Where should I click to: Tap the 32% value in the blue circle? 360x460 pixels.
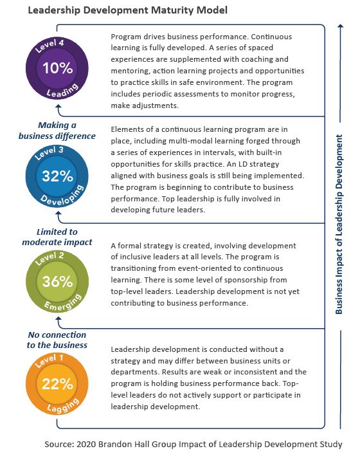click(x=57, y=176)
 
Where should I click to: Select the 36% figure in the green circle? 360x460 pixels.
click(x=57, y=281)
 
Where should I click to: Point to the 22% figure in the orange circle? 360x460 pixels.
click(x=57, y=384)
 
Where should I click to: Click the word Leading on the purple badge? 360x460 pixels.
click(x=57, y=93)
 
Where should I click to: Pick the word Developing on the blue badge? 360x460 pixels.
click(x=57, y=200)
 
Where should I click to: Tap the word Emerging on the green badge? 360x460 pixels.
click(x=57, y=305)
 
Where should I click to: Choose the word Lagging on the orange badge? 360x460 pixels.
click(x=57, y=408)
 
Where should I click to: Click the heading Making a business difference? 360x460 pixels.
click(x=57, y=131)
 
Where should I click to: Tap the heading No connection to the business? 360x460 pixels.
click(x=57, y=340)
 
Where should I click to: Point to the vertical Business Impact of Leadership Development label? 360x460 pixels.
click(x=339, y=224)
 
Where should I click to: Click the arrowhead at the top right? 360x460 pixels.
click(x=339, y=28)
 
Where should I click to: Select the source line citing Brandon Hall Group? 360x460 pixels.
click(x=194, y=445)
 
